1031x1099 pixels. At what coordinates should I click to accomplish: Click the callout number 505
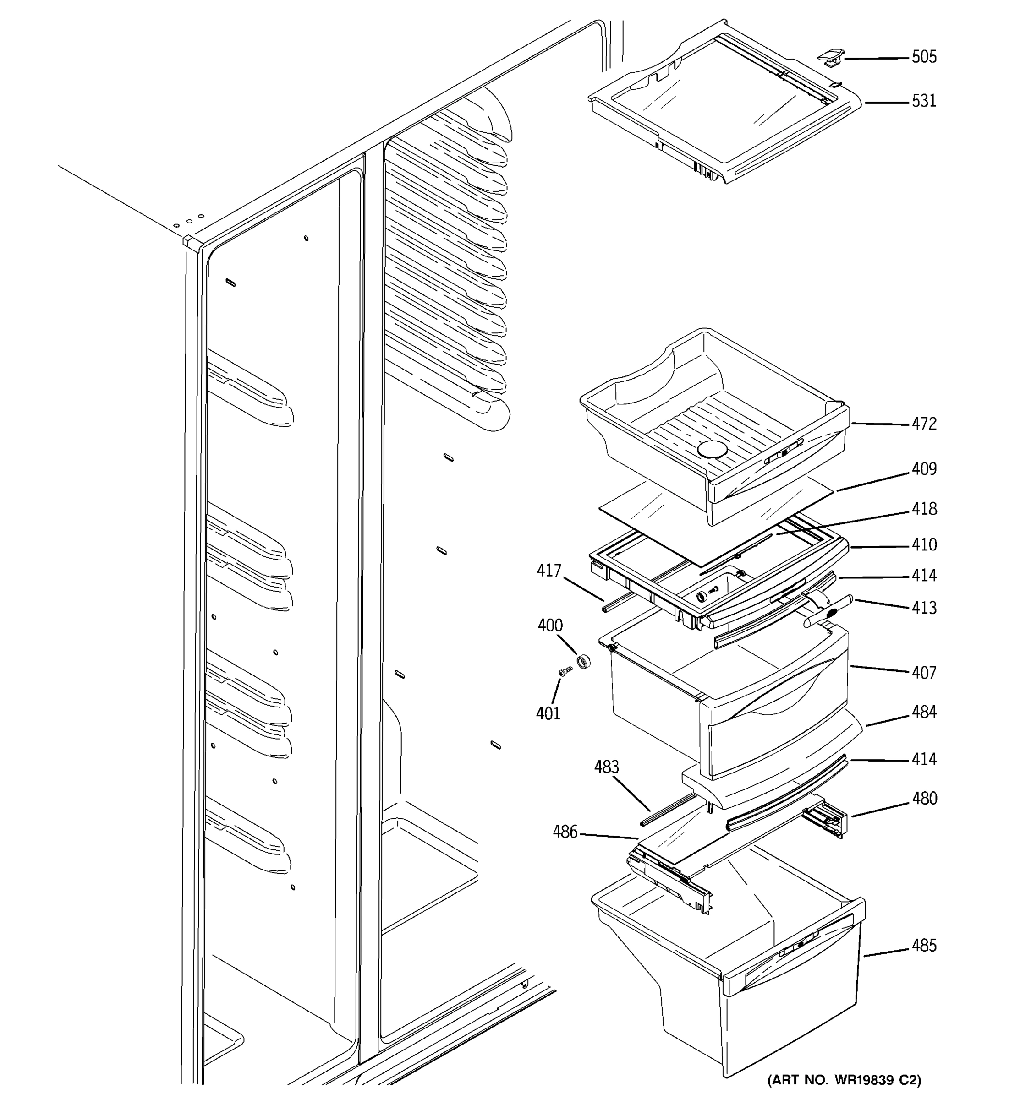[924, 57]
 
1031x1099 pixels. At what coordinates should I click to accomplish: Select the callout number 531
[924, 101]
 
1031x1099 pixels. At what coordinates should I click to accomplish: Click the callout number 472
[924, 424]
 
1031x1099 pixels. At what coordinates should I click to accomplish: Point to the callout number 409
[924, 469]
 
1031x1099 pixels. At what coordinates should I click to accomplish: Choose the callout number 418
[924, 509]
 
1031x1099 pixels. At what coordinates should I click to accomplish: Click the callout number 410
[924, 544]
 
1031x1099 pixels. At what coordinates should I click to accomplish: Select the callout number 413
[924, 608]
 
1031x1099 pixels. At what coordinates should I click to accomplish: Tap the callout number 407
[924, 672]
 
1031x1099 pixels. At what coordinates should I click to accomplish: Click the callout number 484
[924, 712]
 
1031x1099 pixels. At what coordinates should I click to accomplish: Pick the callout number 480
[924, 798]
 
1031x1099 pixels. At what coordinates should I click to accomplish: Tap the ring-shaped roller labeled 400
[583, 661]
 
